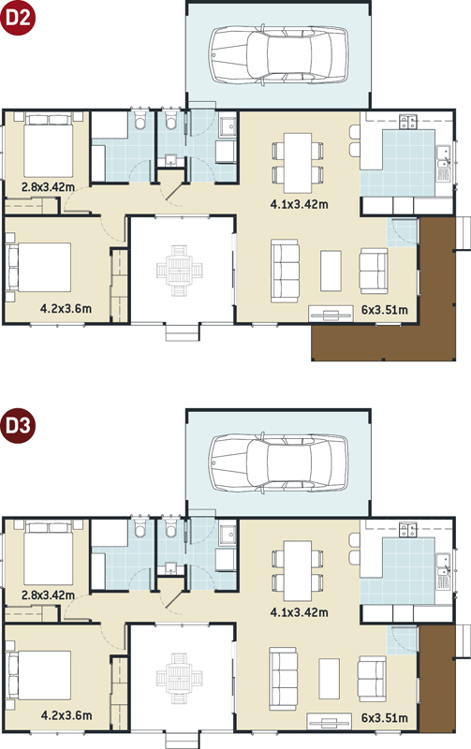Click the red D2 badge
18,18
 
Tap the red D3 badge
18,425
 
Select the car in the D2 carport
278,55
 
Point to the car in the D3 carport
278,463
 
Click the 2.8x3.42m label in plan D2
48,186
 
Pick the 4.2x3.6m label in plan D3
66,715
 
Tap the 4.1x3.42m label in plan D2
299,204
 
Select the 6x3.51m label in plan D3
385,718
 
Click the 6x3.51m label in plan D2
385,310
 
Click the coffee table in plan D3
330,679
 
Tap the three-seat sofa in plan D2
285,271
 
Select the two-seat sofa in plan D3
373,679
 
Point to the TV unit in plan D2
331,314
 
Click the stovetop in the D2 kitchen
408,123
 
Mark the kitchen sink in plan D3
444,565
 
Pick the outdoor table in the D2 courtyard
180,271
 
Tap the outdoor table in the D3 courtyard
180,678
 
